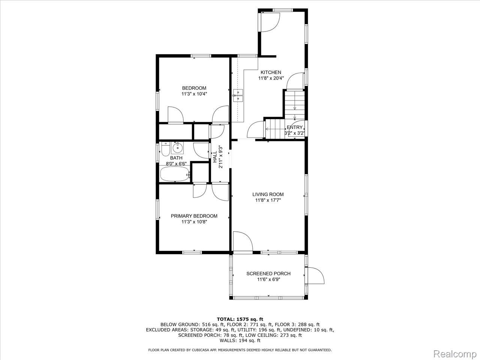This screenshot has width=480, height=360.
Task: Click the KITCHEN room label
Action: [271, 72]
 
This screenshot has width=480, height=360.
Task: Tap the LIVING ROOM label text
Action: [268, 194]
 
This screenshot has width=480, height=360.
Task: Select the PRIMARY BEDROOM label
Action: [194, 216]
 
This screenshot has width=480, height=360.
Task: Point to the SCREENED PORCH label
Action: [268, 274]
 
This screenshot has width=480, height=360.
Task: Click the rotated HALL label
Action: [215, 157]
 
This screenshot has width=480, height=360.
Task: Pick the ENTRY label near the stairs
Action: [294, 127]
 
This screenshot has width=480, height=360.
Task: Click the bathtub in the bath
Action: [175, 174]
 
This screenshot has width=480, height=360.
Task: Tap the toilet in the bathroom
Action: [165, 148]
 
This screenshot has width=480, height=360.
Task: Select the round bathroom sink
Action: [177, 148]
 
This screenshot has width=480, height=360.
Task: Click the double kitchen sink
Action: [238, 96]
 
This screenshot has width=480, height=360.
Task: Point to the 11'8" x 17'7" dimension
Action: [268, 200]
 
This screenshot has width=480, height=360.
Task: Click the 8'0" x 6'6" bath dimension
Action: [176, 163]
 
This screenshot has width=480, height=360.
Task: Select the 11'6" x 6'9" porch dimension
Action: [268, 279]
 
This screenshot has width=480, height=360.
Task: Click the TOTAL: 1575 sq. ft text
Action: [240, 319]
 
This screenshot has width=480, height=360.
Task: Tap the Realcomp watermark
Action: [455, 354]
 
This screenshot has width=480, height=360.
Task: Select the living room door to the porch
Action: [243, 241]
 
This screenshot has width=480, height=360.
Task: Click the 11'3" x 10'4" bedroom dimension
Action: [194, 94]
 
